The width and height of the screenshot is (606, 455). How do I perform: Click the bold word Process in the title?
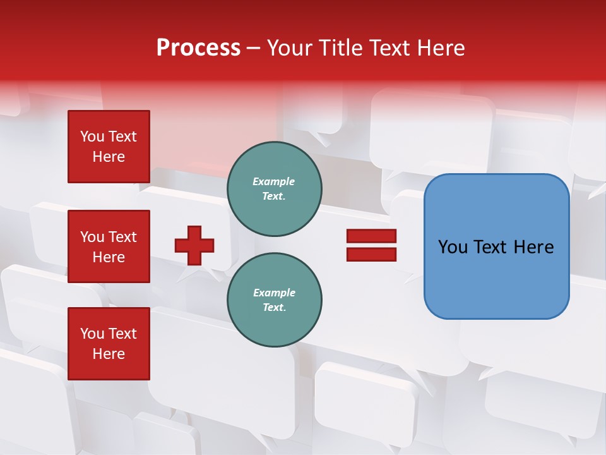coord(198,48)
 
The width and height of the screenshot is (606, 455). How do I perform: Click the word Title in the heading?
coord(342,48)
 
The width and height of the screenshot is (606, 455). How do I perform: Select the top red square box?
coord(109,147)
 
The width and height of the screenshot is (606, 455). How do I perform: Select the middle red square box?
coord(109,246)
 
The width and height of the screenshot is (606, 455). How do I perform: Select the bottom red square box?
coord(109,344)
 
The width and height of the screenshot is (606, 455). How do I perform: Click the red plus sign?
coord(194,245)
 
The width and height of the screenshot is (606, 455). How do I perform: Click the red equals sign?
coord(371,245)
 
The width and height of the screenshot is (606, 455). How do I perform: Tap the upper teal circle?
coord(274,189)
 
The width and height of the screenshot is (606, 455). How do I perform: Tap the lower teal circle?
coord(274,300)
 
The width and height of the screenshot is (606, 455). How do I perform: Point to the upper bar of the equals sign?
coord(371,236)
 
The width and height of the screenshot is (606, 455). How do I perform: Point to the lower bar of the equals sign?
coord(371,254)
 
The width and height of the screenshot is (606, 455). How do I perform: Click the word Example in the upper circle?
coord(274,182)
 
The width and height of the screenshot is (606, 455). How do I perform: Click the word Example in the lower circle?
coord(274,293)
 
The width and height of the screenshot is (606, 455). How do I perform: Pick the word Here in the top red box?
coord(109,157)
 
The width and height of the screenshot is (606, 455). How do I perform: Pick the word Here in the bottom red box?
coord(109,355)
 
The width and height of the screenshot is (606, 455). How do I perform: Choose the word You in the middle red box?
coord(92,237)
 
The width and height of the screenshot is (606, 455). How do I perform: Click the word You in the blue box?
coord(453,247)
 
